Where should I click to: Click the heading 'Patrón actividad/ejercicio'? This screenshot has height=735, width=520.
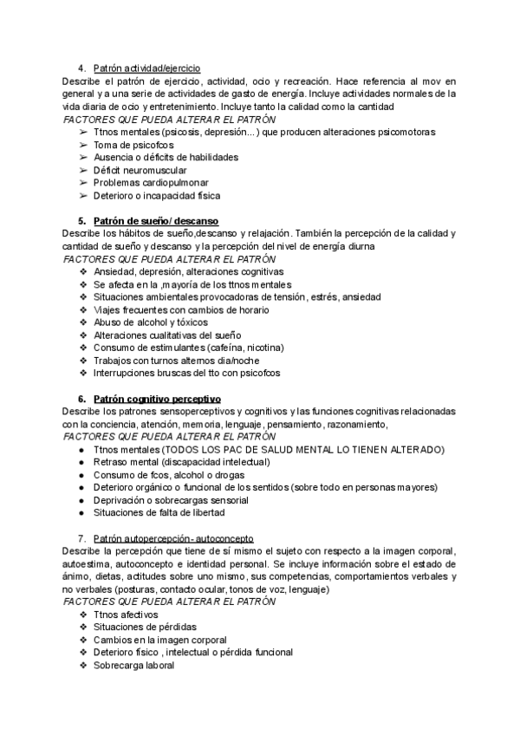(146, 68)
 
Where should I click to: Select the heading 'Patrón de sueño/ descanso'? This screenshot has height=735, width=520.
(155, 221)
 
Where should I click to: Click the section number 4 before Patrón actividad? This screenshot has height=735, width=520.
(81, 68)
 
